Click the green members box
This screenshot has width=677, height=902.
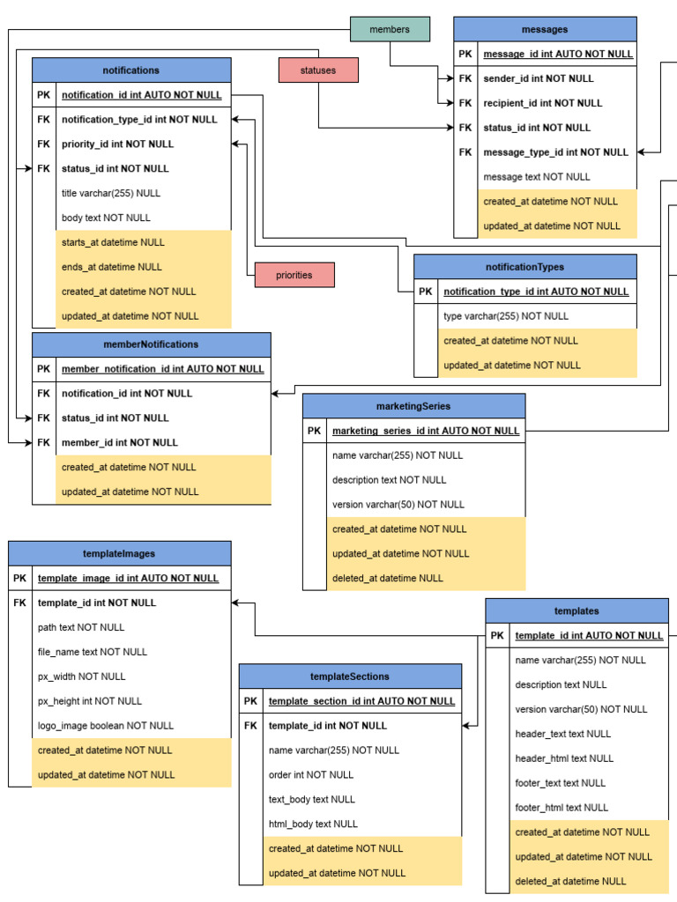coord(390,29)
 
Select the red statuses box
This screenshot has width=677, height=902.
coord(318,70)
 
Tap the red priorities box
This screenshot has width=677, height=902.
coord(294,275)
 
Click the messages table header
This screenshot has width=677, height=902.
coord(545,29)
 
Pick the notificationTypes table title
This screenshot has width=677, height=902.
coord(524,267)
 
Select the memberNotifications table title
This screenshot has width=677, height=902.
coord(152,344)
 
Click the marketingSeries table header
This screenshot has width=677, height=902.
coord(413,406)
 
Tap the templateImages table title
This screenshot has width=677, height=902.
coord(119,553)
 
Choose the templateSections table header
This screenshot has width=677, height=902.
coord(350,676)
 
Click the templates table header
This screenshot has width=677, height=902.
coord(577,610)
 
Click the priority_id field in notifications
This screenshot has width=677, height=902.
coord(117,144)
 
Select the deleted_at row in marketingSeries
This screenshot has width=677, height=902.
coord(387,578)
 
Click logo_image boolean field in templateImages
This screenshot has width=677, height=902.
coord(106,726)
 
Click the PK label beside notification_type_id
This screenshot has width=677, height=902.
coord(426,292)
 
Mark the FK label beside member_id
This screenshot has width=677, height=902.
coord(44,442)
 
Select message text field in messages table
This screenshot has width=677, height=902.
coord(537,176)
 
